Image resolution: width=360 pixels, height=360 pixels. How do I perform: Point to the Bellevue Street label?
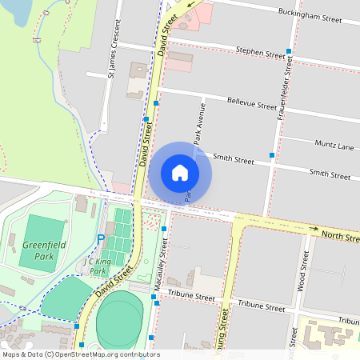[x=252, y=104]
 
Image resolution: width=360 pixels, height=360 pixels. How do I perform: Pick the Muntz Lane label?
[x=334, y=147]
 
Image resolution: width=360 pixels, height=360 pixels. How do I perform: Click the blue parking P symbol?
[x=101, y=238]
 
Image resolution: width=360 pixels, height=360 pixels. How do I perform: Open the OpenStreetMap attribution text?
[x=80, y=354]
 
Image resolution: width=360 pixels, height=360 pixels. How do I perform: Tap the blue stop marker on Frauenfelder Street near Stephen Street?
[x=288, y=51]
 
